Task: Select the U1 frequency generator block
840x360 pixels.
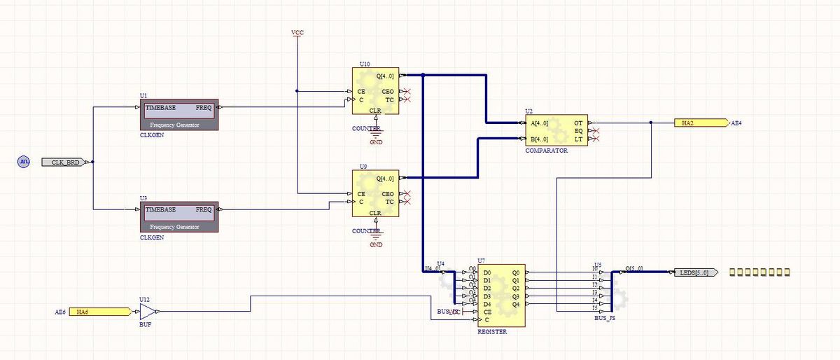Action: coord(180,114)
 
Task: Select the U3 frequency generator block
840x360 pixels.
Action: coord(180,216)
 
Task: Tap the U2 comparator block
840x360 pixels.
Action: coord(556,130)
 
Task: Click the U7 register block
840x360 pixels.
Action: coord(501,296)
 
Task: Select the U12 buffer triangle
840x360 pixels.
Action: coord(147,311)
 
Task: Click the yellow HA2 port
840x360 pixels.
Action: coord(701,123)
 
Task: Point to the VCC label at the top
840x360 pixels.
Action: coord(297,33)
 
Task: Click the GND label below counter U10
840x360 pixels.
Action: coord(376,142)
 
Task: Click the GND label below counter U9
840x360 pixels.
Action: coord(376,245)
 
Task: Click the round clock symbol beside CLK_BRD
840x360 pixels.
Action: coord(23,162)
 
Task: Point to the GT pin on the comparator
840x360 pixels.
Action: coord(578,123)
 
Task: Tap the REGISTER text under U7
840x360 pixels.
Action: coord(492,332)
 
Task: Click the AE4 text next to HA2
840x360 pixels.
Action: coord(736,123)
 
